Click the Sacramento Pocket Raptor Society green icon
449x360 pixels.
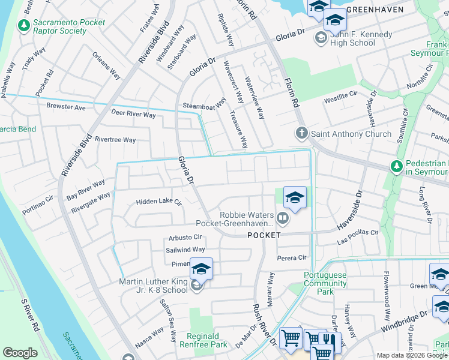(24, 26)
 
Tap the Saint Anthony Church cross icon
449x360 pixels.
(301, 133)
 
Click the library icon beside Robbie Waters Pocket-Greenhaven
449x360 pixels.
(282, 217)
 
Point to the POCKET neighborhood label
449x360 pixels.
(264, 235)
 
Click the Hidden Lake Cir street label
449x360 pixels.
(158, 202)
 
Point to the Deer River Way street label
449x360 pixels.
(133, 113)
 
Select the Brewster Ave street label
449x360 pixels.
(65, 107)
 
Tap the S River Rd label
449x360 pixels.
(29, 315)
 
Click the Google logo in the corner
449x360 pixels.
(20, 353)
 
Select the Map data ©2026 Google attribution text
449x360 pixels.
(412, 355)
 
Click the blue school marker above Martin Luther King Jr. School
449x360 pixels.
(202, 269)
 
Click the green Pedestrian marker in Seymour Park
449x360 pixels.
(396, 166)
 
